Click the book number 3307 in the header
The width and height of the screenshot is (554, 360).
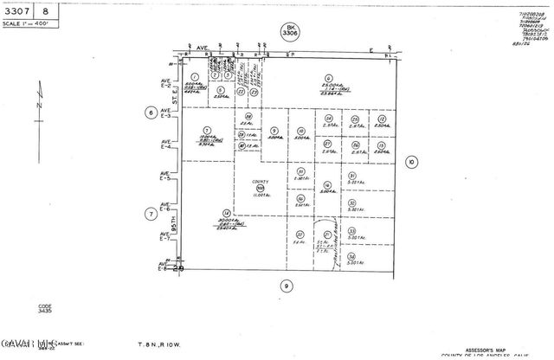[16, 10]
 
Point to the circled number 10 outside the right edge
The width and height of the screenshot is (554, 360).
[410, 161]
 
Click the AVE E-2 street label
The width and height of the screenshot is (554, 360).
[164, 84]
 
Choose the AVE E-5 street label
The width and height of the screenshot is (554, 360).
[164, 180]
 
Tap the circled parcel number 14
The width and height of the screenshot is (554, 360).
[226, 212]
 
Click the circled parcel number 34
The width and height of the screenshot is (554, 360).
[351, 256]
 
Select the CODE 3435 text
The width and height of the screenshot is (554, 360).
[45, 308]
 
